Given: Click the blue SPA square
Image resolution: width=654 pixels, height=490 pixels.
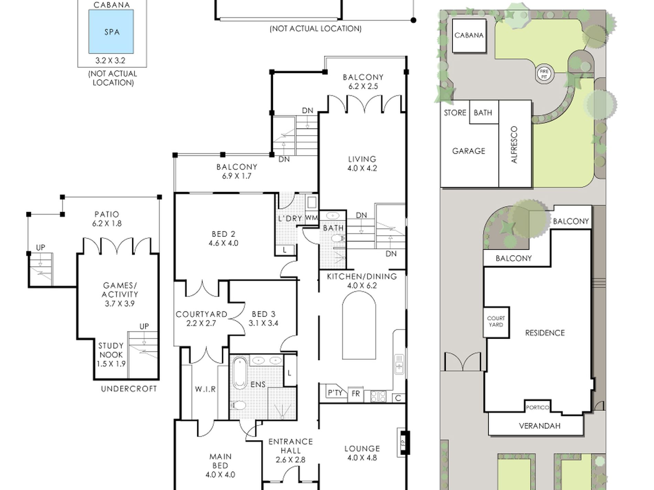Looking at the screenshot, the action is (x=111, y=32).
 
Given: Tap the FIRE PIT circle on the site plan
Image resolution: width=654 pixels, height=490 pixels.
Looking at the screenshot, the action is (x=544, y=74).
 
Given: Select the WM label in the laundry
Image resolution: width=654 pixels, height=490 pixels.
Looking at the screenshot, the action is (x=312, y=218).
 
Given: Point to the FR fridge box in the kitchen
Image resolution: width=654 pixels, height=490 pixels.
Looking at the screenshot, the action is (x=356, y=394).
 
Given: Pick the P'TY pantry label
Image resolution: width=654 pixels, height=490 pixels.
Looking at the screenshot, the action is (x=335, y=393).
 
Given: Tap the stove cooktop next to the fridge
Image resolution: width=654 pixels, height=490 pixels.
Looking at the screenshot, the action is (x=378, y=396).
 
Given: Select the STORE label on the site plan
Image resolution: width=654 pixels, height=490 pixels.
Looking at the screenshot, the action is (x=455, y=113).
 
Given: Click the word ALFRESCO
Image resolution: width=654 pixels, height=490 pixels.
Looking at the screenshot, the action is (x=514, y=144).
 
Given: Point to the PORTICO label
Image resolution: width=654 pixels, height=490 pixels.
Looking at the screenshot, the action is (x=537, y=407).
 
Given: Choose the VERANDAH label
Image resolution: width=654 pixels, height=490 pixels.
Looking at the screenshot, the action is (x=539, y=426).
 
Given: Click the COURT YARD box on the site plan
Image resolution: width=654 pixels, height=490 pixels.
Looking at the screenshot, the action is (x=496, y=322).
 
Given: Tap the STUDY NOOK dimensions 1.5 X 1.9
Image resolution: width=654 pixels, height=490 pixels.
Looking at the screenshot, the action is (x=111, y=364).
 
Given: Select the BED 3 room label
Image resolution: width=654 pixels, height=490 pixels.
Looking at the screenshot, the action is (x=263, y=314).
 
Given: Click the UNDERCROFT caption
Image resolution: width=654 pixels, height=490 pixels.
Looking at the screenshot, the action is (x=129, y=389).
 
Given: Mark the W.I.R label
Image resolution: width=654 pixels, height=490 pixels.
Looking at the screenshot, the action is (x=205, y=389).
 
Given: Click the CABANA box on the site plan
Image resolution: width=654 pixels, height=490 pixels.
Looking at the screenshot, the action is (x=469, y=36).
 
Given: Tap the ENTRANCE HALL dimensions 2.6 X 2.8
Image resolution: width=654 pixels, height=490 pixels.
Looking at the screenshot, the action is (x=291, y=460).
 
